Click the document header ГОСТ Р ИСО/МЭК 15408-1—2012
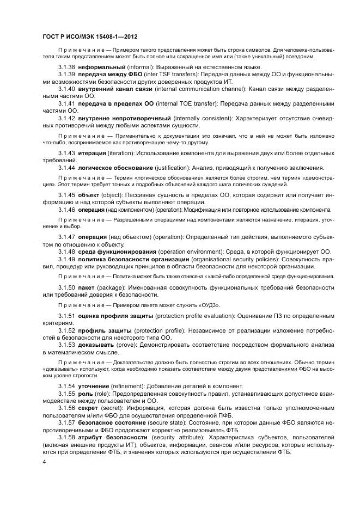pos(90,37)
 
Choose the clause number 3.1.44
pos(67,168)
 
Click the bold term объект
pos(89,194)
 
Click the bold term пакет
pos(86,287)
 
